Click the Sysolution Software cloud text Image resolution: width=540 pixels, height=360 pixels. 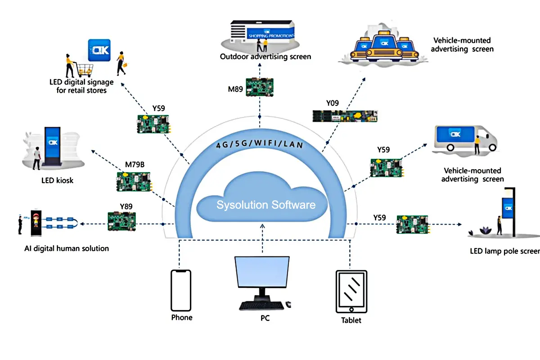(x=265, y=205)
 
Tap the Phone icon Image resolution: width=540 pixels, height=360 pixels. (x=181, y=290)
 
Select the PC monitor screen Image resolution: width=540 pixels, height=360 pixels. (x=262, y=275)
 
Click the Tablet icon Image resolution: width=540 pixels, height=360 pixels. (x=351, y=292)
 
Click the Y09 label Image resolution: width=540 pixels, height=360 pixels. (x=333, y=103)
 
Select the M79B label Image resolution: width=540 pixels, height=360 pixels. (x=135, y=164)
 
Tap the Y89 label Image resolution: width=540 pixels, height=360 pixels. (x=126, y=207)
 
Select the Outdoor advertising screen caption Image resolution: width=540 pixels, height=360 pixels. (x=265, y=57)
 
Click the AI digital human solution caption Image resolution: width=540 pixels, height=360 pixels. (x=67, y=248)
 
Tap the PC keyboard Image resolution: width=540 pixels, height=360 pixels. (x=261, y=306)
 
